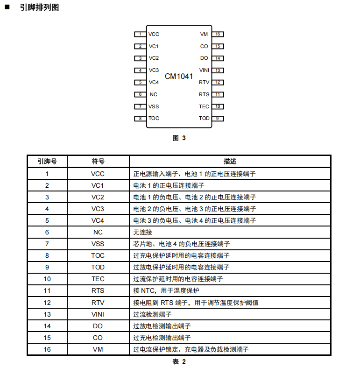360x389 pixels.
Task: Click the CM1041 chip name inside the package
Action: click(x=179, y=76)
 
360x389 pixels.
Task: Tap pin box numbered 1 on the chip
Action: click(x=140, y=34)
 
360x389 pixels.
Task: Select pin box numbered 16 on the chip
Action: click(x=218, y=34)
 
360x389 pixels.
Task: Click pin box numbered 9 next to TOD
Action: click(x=218, y=119)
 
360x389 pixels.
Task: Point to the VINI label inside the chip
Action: click(x=204, y=70)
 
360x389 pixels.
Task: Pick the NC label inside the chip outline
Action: click(x=154, y=94)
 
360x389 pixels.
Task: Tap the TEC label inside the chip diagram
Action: click(x=204, y=106)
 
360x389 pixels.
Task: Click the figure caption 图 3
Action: click(x=179, y=138)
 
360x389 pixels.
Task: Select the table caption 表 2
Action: click(x=179, y=361)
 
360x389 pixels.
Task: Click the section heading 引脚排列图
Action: click(x=39, y=7)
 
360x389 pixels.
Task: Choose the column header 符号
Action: click(x=98, y=162)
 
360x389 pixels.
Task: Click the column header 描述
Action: click(x=230, y=162)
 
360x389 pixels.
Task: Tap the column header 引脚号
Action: click(x=47, y=162)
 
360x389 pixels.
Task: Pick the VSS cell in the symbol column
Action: click(x=98, y=244)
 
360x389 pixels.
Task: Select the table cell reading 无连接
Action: click(x=143, y=232)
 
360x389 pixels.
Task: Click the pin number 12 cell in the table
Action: click(x=47, y=303)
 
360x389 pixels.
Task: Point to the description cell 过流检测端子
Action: click(x=152, y=314)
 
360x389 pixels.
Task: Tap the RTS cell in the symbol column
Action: click(x=98, y=290)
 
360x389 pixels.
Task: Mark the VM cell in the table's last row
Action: click(x=98, y=349)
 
